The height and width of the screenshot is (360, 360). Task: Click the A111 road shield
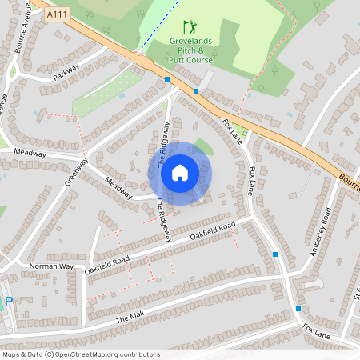click(57, 14)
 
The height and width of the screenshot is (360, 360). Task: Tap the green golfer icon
click(189, 27)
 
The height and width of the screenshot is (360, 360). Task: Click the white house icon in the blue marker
click(180, 172)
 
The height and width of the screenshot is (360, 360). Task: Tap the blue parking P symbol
click(9, 302)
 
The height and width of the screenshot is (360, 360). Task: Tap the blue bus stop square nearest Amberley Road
click(275, 254)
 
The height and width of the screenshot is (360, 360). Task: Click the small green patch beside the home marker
click(204, 147)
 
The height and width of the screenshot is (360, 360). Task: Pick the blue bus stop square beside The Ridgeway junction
click(167, 79)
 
